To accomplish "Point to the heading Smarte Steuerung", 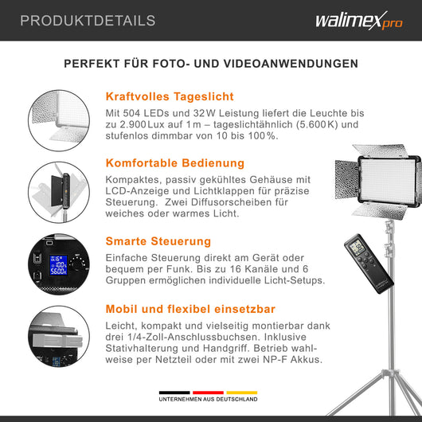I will click(x=158, y=240).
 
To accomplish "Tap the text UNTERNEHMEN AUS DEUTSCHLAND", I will click(x=211, y=401).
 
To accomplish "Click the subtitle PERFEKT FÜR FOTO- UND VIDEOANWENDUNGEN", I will click(x=211, y=64).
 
